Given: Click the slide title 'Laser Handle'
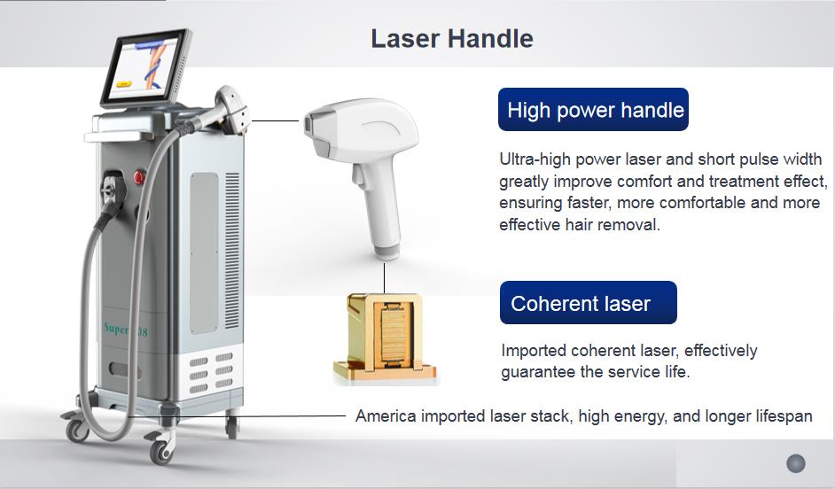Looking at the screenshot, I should point(451,39).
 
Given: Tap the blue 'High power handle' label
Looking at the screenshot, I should point(594,110).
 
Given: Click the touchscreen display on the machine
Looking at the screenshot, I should point(145,67).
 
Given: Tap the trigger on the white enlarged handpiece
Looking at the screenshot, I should point(363,182).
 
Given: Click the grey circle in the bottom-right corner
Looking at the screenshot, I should point(795,463).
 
